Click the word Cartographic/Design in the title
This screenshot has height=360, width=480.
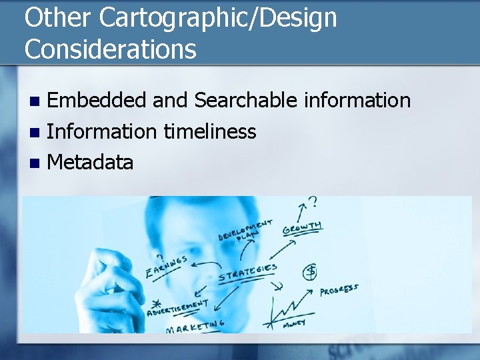pyautogui.click(x=218, y=18)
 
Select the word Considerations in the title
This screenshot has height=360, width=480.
pyautogui.click(x=111, y=49)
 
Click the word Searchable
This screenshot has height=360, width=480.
pyautogui.click(x=246, y=101)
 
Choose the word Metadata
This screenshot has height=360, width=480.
pyautogui.click(x=90, y=162)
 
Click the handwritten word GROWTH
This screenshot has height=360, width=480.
pyautogui.click(x=302, y=229)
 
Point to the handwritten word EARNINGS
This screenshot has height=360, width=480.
pyautogui.click(x=166, y=266)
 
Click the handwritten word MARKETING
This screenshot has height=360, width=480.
pyautogui.click(x=195, y=327)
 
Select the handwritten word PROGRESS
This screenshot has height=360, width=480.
pyautogui.click(x=339, y=290)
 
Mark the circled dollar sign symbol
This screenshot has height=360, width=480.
pyautogui.click(x=310, y=271)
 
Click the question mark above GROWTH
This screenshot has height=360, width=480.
pyautogui.click(x=311, y=202)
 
